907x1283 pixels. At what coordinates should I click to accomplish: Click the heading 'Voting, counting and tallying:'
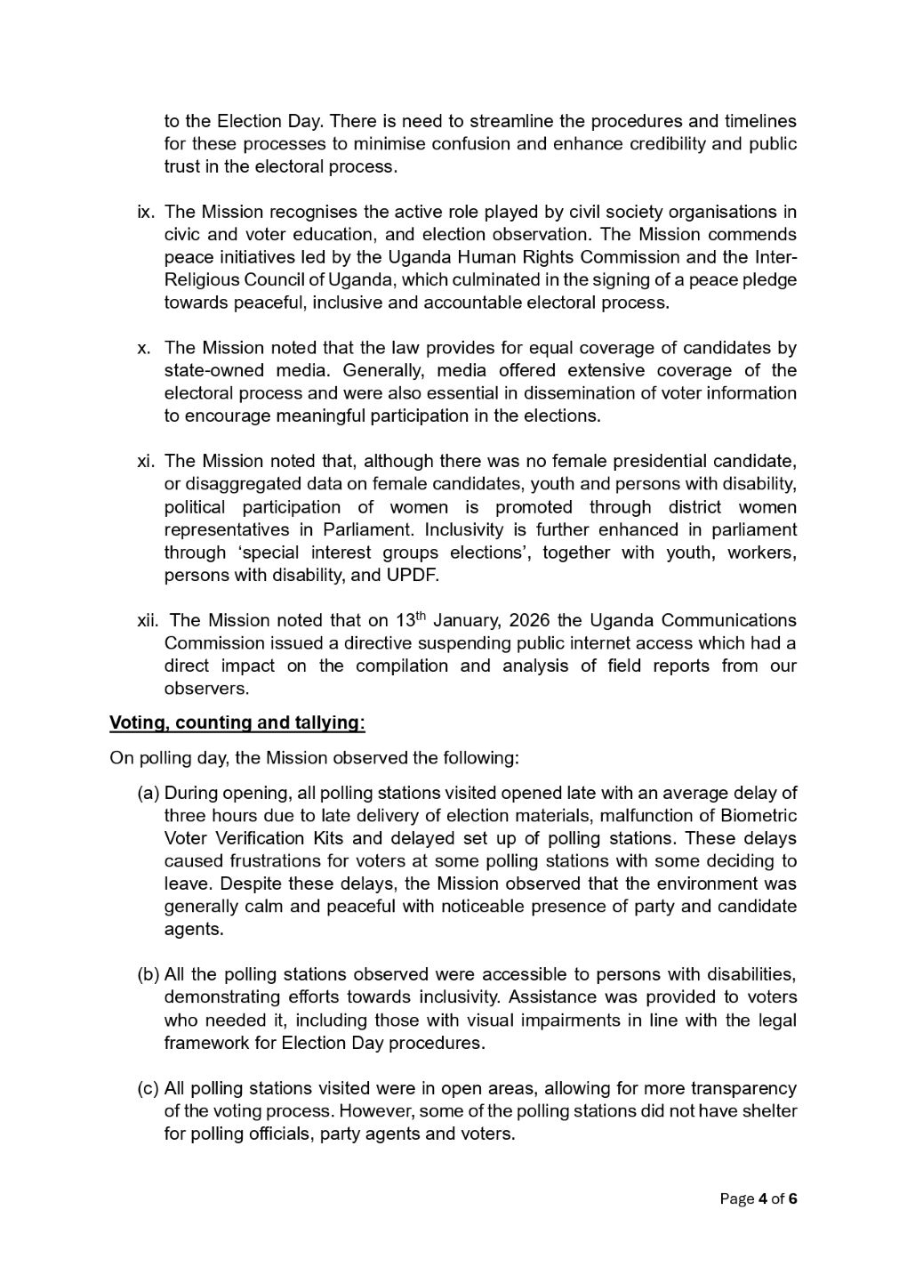click(237, 722)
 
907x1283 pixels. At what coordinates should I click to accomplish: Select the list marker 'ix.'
click(147, 212)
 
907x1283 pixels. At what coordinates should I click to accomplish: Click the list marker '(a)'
click(148, 793)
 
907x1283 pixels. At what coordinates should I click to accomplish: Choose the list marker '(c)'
click(148, 1088)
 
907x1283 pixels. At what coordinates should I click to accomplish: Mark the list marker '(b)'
click(148, 974)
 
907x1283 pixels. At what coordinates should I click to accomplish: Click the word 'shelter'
click(768, 1111)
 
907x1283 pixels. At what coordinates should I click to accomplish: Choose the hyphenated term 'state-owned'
click(211, 371)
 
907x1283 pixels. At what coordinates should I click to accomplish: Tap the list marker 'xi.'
click(147, 461)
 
